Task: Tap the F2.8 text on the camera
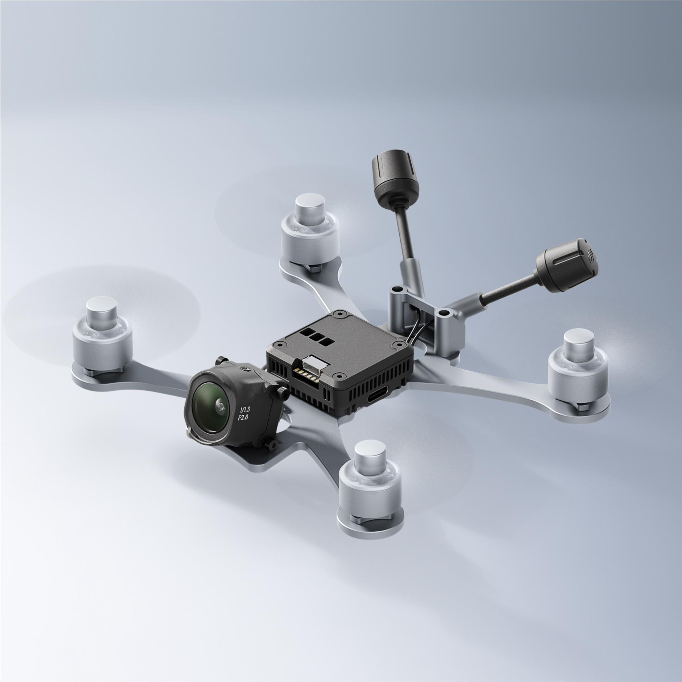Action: coord(243,418)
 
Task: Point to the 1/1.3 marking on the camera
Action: coord(244,410)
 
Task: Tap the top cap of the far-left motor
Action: coord(102,307)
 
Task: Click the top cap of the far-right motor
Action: coord(578,339)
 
